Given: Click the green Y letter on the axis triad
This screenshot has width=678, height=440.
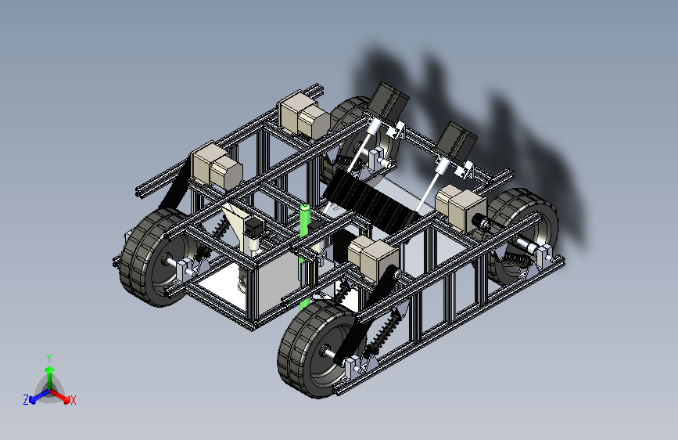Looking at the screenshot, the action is (49, 359).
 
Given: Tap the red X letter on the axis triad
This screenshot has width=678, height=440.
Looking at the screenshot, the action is (73, 401).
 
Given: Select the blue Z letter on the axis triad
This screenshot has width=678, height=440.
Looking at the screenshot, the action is (26, 400).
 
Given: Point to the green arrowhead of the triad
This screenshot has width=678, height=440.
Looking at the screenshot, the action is (50, 370).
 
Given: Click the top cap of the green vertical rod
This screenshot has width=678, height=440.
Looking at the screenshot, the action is (305, 207).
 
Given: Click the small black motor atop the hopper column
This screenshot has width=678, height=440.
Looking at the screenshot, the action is (253, 227).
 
